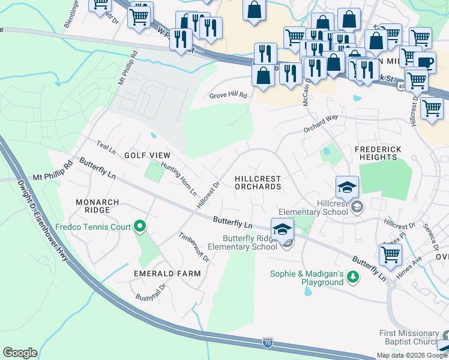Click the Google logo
coord(20,353)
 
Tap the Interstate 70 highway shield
coord(268,343)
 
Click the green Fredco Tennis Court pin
coord(140,227)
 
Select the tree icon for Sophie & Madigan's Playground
coord(354,275)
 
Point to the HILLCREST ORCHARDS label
coord(258,182)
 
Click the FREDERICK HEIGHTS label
coord(384,152)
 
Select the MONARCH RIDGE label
coord(92,206)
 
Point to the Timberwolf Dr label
coord(193,246)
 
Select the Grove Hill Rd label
coord(228,95)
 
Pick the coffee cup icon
coord(424,62)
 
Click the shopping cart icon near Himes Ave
coord(391,254)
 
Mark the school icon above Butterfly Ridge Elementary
coord(282,229)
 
